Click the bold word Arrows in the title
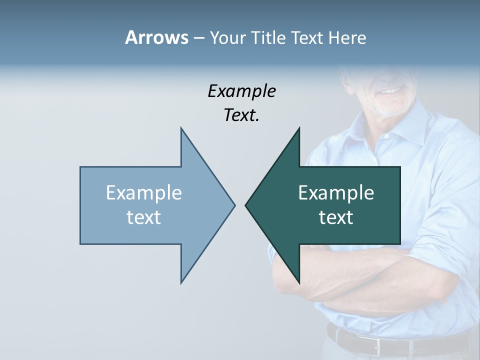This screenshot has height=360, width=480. tap(156, 37)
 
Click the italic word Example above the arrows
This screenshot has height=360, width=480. tap(241, 91)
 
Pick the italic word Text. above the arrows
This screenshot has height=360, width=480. tap(241, 115)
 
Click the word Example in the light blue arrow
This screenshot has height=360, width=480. tap(143, 192)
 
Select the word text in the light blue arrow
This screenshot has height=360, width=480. tap(143, 217)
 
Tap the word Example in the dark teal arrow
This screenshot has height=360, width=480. tap(336, 192)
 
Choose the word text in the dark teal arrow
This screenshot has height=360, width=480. tap(336, 217)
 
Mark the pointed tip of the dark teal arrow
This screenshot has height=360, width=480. tap(246, 204)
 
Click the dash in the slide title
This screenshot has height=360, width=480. tap(198, 37)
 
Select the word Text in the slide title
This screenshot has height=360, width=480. tap(307, 37)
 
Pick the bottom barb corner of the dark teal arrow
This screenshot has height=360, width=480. tap(299, 283)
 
